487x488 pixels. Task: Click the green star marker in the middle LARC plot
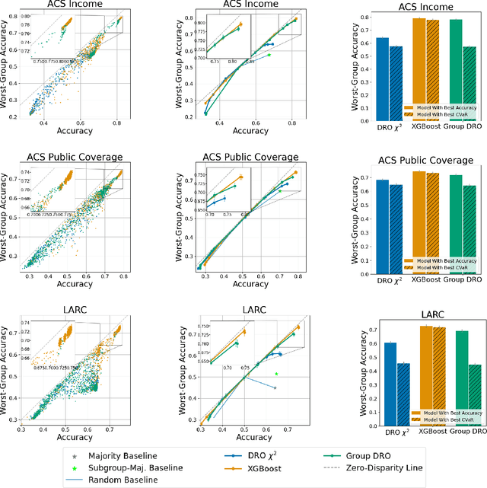276,374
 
